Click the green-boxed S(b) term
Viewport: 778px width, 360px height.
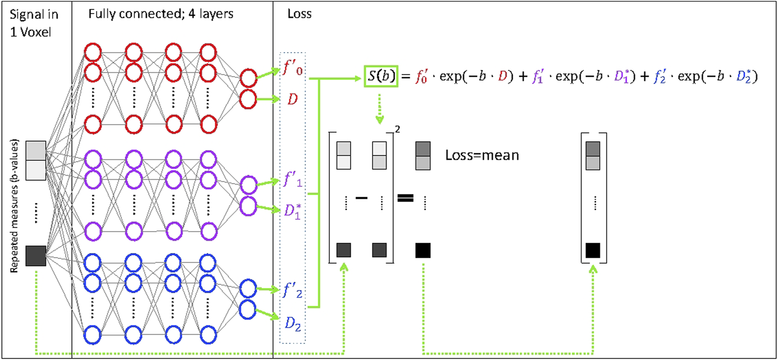click(x=381, y=76)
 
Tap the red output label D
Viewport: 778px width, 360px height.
click(x=292, y=100)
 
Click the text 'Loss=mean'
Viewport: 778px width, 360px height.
click(x=482, y=155)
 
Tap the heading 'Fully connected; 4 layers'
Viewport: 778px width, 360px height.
click(x=161, y=14)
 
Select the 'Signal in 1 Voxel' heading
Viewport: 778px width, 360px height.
click(x=34, y=23)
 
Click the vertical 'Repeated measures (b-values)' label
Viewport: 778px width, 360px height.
click(x=14, y=206)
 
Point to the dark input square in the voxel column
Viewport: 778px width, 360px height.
click(x=36, y=256)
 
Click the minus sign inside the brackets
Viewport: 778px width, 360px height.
click(x=361, y=198)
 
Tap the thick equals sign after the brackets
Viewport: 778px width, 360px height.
click(x=405, y=198)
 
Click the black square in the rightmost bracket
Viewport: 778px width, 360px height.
click(x=593, y=250)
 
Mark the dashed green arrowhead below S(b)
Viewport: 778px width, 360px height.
click(x=380, y=119)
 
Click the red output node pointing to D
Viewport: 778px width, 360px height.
click(x=248, y=99)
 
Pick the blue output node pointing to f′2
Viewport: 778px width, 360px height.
click(x=248, y=289)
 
